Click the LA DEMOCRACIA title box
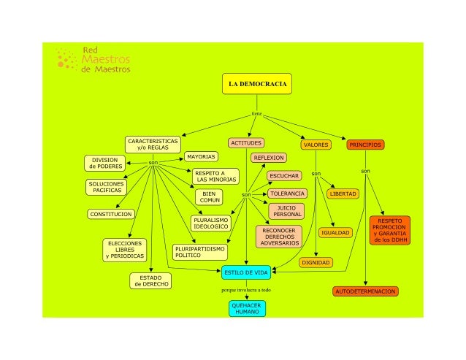pos(257,84)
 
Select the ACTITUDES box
pos(246,143)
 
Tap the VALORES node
pos(316,145)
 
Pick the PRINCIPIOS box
pos(365,145)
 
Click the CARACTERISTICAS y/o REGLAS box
pos(153,143)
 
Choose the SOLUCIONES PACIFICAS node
pos(106,187)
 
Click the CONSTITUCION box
pos(111,214)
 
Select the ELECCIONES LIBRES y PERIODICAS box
pos(125,249)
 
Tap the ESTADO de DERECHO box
pos(151,280)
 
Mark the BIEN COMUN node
pos(210,196)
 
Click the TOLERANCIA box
pos(287,194)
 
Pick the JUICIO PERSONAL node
pos(287,211)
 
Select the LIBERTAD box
pos(343,194)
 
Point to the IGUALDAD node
pos(336,232)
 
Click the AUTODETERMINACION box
pos(366,291)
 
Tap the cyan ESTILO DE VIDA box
pos(246,272)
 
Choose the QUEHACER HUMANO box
pos(246,307)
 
